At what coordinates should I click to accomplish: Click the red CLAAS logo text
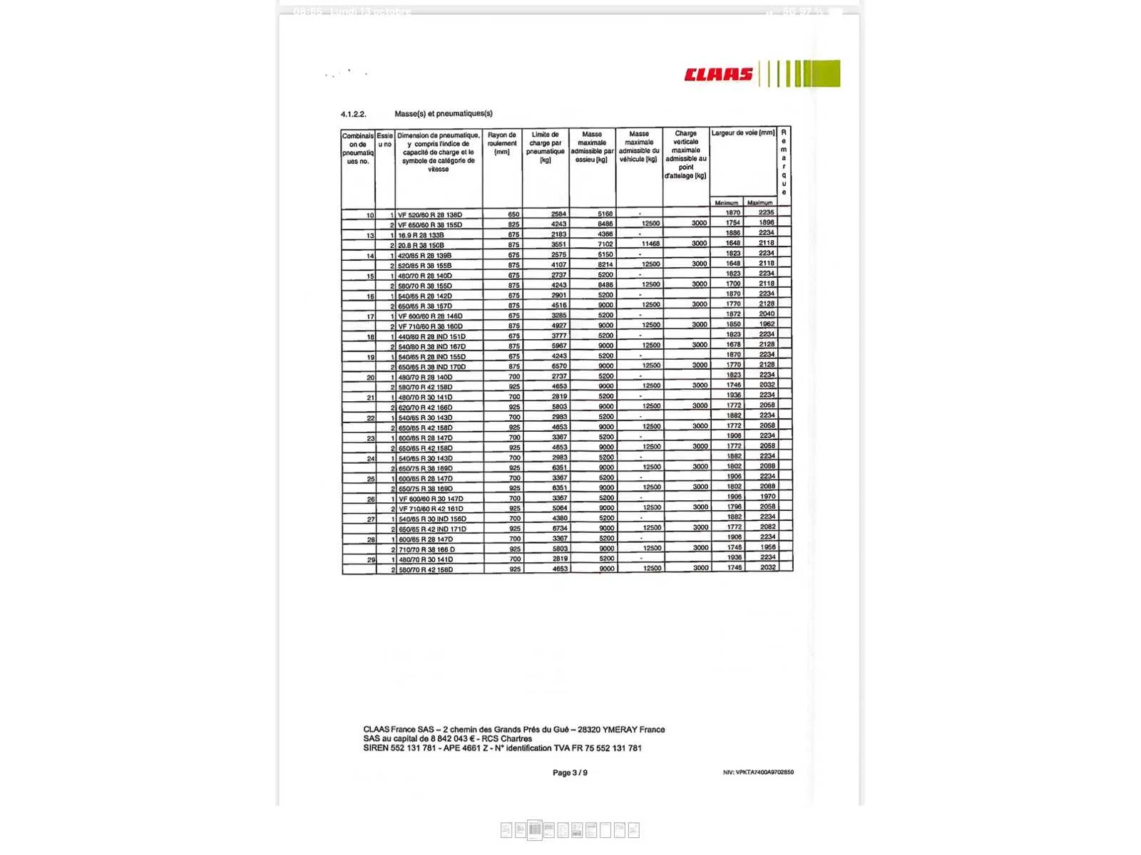coord(718,75)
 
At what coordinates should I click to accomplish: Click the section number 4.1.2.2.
coord(353,114)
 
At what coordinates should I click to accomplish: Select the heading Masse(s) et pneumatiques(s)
coord(444,113)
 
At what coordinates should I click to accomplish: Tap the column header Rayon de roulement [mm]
coord(502,143)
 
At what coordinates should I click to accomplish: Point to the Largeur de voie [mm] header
coord(742,133)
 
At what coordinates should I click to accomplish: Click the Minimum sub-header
coord(727,203)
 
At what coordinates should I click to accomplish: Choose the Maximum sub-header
coord(759,203)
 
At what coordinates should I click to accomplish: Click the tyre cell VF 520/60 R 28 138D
coord(430,215)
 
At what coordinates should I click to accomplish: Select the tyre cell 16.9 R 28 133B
coord(421,235)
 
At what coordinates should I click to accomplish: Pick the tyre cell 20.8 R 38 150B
coord(421,245)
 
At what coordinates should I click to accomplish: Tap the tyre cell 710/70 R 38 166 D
coord(426,549)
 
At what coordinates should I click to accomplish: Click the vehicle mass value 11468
coord(650,244)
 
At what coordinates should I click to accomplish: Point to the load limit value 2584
coord(558,214)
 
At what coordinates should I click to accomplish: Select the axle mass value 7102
coord(605,244)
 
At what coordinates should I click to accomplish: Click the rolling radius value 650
coord(513,214)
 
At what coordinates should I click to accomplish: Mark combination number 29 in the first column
coord(371,560)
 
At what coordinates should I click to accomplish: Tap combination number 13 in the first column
coord(370,236)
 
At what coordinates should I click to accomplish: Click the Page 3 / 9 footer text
coord(570,773)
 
